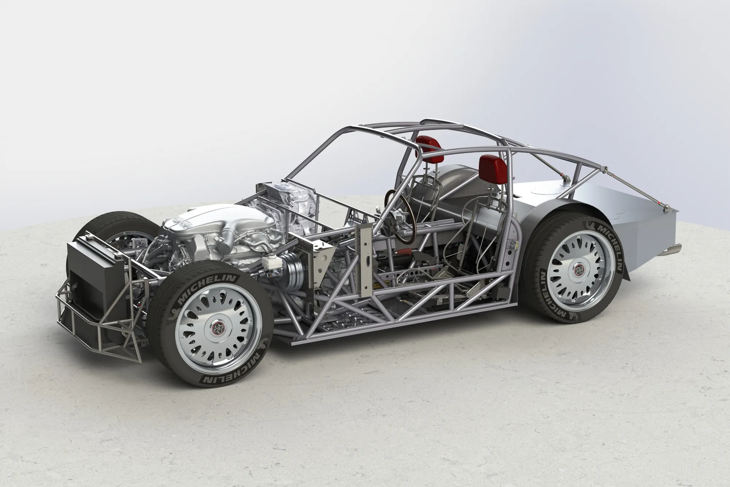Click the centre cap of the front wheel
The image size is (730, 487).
[211, 326]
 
